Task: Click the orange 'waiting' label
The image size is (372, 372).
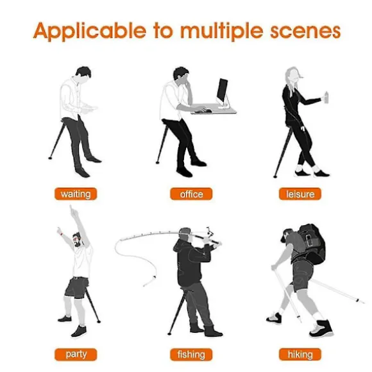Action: [x=76, y=194]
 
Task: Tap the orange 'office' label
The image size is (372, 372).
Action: [x=191, y=194]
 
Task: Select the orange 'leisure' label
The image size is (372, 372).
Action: [x=300, y=194]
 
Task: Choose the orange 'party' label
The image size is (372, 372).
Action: [x=76, y=355]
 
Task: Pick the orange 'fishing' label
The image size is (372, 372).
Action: [x=191, y=355]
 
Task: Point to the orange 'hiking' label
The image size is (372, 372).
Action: [x=300, y=355]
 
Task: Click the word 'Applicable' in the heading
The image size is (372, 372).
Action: [x=90, y=31]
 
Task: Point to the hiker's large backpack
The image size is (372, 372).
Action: [x=312, y=244]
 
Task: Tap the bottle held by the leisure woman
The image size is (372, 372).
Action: [x=326, y=97]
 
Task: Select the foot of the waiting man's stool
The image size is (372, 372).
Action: [x=50, y=158]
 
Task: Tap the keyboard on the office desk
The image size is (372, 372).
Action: [x=202, y=111]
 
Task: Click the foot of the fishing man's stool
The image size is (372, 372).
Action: [x=169, y=334]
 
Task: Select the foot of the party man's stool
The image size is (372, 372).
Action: [x=99, y=321]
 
